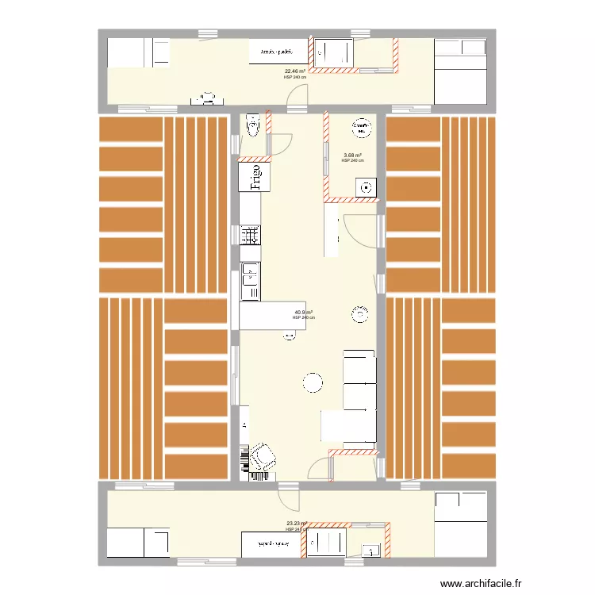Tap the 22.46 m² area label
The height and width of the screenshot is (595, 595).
294,71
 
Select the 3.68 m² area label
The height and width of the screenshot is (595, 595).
352,155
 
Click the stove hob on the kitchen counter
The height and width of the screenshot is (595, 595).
250,235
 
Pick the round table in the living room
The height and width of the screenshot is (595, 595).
313,383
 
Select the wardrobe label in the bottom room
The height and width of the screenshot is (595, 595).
271,544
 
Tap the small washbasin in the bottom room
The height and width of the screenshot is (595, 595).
370,547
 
